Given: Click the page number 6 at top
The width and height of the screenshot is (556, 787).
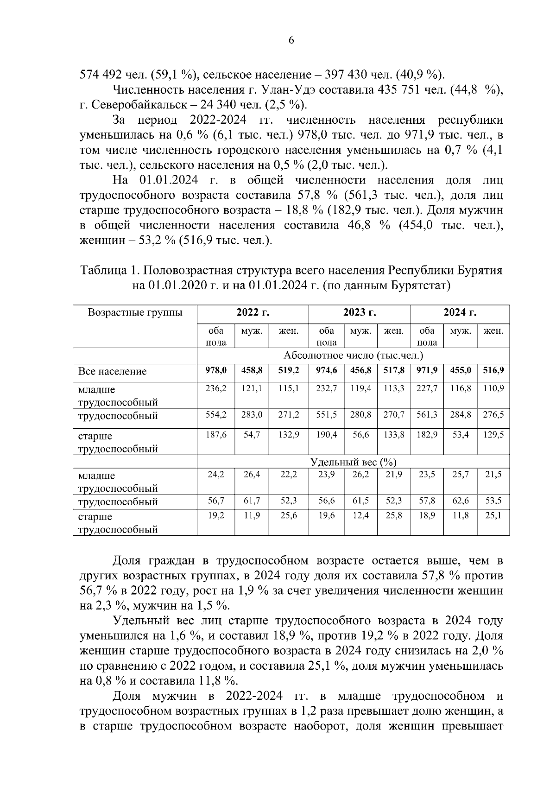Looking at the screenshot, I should (x=291, y=40).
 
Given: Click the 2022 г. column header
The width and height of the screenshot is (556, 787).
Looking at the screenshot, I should (x=253, y=312).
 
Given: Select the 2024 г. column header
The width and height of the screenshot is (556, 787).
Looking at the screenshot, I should (x=460, y=312).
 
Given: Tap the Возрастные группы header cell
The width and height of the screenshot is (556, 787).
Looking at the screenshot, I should (x=135, y=312).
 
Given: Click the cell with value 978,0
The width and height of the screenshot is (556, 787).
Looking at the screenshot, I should (x=216, y=370).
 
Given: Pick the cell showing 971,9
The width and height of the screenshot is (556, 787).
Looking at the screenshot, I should (x=427, y=370).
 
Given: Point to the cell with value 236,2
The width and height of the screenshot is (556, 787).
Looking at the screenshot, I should (x=216, y=389).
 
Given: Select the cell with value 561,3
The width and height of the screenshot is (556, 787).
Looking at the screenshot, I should (x=427, y=415).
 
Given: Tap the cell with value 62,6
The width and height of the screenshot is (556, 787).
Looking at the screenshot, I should (x=461, y=501).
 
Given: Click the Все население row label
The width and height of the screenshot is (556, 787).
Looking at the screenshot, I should (x=112, y=371).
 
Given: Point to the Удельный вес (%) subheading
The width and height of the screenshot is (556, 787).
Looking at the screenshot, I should (x=353, y=462).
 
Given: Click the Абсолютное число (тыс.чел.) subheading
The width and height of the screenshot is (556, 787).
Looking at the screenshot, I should (x=353, y=356).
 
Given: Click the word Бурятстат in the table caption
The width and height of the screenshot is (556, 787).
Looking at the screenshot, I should (x=419, y=286).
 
